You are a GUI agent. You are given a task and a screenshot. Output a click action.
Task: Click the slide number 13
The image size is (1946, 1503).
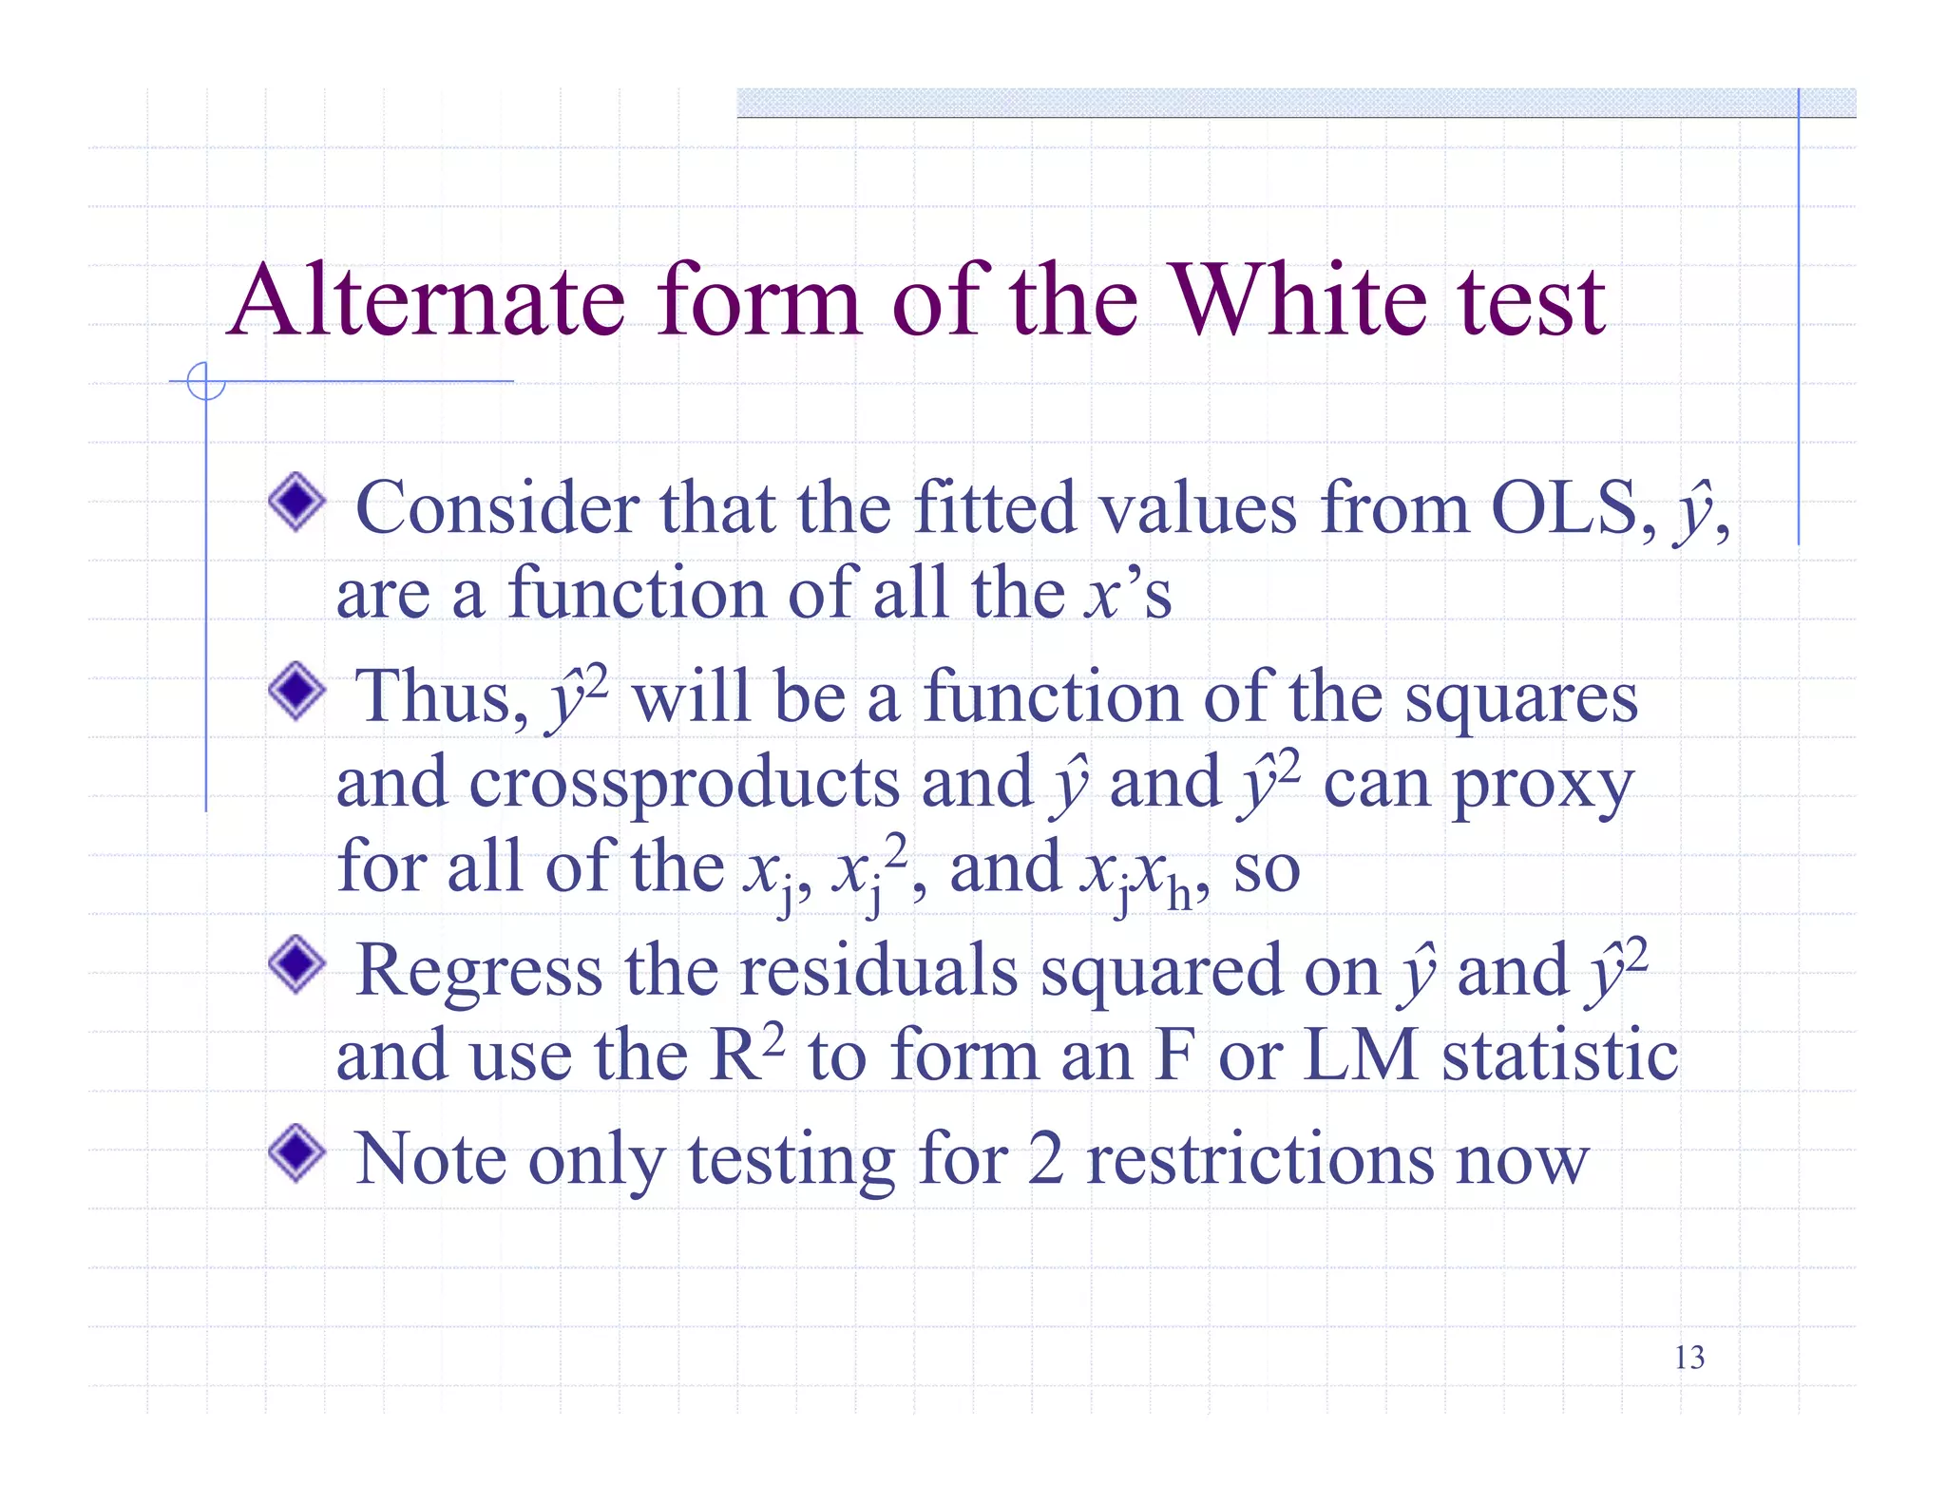coord(1688,1358)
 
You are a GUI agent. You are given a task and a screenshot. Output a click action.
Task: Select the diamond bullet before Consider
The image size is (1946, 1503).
coord(297,502)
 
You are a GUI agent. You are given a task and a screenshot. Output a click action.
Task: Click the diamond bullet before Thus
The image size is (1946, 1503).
coord(297,691)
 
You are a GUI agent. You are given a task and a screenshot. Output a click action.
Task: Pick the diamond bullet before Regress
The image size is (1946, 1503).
coord(297,964)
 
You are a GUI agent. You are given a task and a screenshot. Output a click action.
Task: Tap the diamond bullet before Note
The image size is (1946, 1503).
coord(297,1152)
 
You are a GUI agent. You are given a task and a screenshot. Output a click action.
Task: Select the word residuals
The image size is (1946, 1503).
coord(879,971)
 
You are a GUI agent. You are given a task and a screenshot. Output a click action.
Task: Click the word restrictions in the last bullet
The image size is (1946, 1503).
coord(1259,1159)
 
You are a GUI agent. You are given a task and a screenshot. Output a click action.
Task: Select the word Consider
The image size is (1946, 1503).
coord(497,507)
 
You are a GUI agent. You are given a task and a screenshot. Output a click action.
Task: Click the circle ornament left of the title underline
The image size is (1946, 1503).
coord(206,382)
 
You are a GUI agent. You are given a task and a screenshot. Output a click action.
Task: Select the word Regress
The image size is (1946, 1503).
coord(479,971)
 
